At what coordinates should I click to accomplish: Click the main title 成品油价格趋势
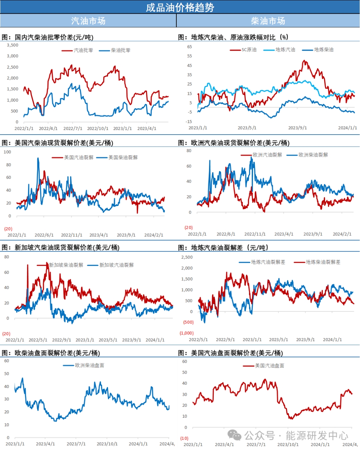[x=180, y=7]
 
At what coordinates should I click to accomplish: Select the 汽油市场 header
[x=88, y=21]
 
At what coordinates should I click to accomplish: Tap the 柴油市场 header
[x=268, y=21]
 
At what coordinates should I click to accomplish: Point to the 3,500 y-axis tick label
[x=13, y=45]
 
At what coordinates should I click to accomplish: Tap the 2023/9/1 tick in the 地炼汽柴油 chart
[x=297, y=128]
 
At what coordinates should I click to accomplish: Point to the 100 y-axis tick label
[x=7, y=152]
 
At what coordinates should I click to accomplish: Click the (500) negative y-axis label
[x=188, y=322]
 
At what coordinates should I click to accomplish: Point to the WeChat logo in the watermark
[x=234, y=435]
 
